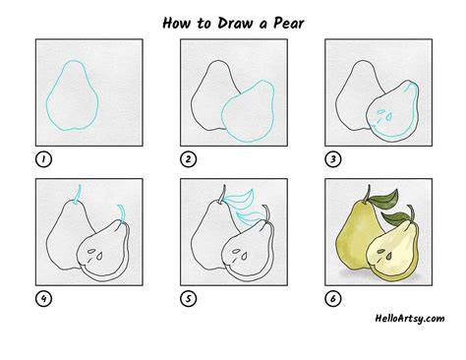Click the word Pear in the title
click(289, 23)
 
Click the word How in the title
click(177, 23)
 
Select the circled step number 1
click(43, 159)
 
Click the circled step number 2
click(188, 159)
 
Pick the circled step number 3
click(333, 159)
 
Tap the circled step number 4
click(43, 299)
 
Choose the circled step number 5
click(188, 299)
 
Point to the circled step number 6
click(333, 299)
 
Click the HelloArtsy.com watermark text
click(410, 319)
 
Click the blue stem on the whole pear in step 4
click(78, 195)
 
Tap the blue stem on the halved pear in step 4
click(122, 213)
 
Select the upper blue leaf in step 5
click(240, 198)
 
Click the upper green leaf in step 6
click(386, 198)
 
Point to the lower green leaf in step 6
click(395, 218)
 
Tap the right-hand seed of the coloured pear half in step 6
click(389, 256)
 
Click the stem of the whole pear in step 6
click(367, 194)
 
